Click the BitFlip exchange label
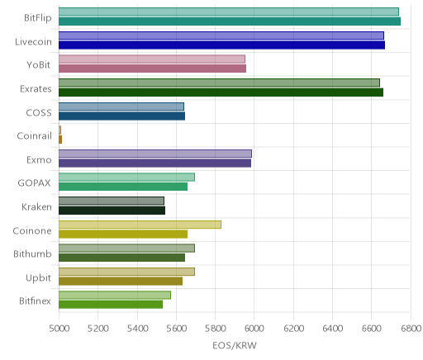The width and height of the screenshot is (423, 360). [38, 17]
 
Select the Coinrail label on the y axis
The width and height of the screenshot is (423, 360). [34, 135]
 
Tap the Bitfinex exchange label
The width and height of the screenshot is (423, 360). [35, 301]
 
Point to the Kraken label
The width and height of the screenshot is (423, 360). [36, 206]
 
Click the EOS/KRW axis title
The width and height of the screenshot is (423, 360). [235, 345]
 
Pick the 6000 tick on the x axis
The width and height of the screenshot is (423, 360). [254, 329]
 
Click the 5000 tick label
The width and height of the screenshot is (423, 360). [59, 329]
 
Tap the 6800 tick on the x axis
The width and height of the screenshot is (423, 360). [411, 329]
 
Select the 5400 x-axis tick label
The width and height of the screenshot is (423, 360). [137, 329]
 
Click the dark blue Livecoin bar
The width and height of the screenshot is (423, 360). [221, 45]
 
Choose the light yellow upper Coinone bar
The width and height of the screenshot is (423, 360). [140, 225]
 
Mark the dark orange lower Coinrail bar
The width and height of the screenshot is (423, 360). [60, 140]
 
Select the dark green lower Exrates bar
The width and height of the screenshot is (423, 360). [221, 92]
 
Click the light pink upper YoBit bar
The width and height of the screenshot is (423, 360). [152, 59]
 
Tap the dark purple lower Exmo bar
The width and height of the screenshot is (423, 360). [154, 163]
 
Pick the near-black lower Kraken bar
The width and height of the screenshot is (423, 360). [112, 211]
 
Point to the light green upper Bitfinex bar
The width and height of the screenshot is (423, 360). [115, 295]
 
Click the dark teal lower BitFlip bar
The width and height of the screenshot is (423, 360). [230, 21]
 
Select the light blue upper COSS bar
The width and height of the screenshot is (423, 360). [121, 107]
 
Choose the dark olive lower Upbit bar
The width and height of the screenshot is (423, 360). [121, 282]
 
